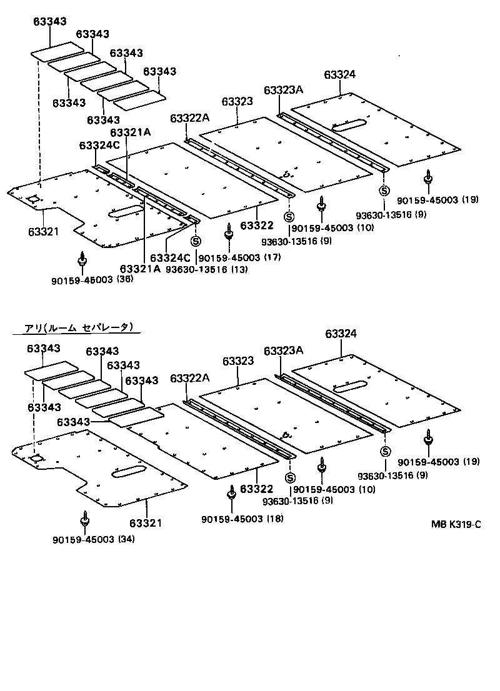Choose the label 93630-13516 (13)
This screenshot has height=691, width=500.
coord(206,269)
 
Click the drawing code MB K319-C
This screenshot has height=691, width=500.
coord(455,524)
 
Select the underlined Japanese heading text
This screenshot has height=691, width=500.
coord(78,327)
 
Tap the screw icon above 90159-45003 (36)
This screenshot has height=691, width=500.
coord(82,259)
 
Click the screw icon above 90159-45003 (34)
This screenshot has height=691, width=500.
coord(84,520)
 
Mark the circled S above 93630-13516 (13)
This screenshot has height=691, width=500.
coord(195,241)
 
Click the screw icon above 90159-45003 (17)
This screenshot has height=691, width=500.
coord(229,231)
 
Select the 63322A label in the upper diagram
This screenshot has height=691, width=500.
coord(189,119)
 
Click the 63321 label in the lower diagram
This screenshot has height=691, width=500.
coord(146,522)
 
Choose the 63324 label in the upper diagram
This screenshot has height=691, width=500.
coord(340,74)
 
